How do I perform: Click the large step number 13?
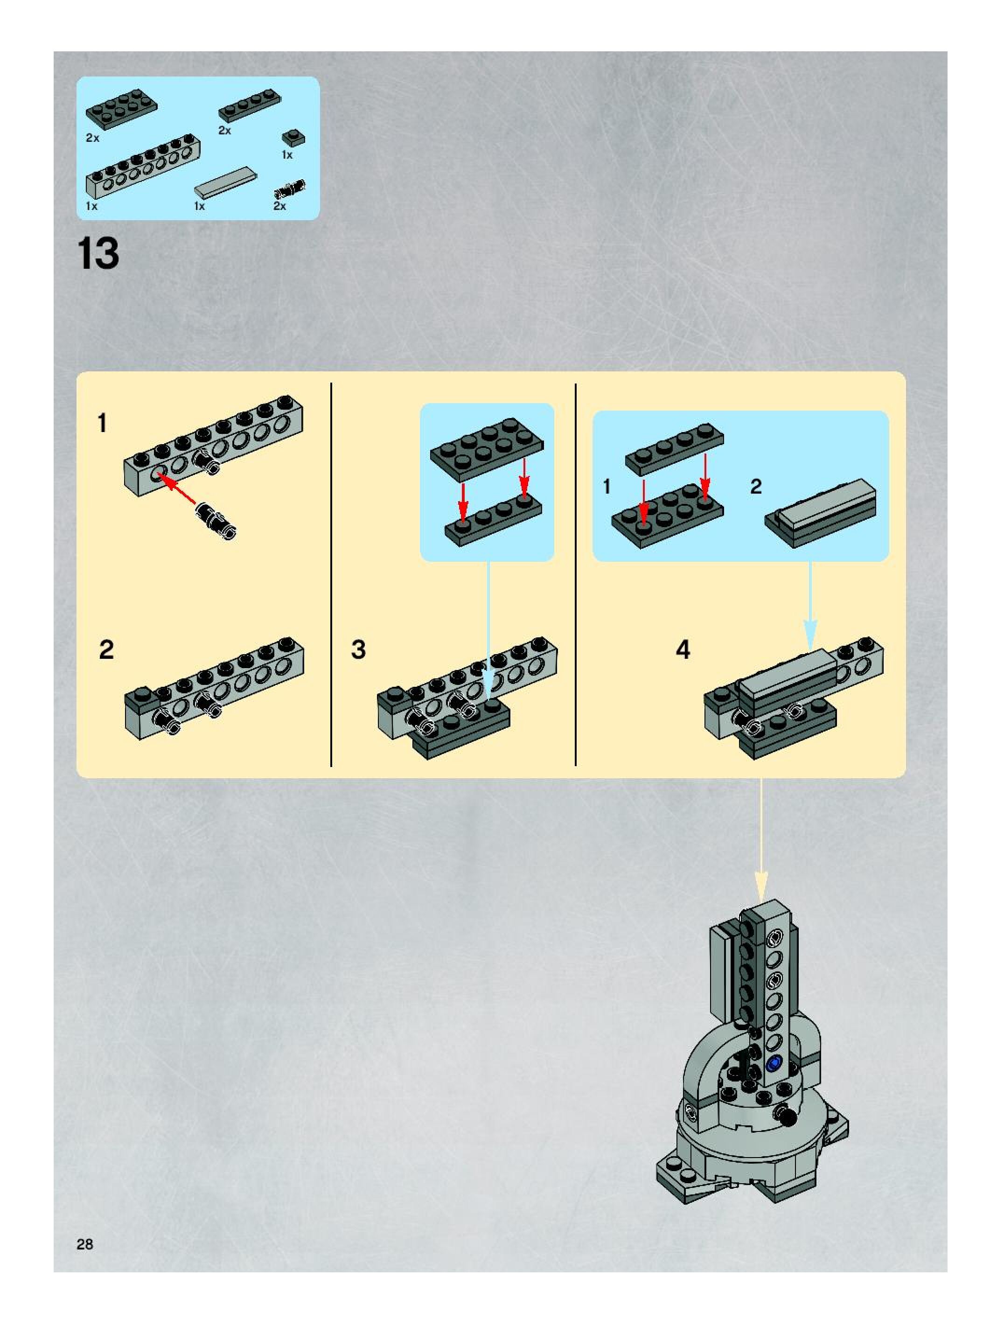(x=98, y=253)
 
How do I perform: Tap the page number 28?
(x=85, y=1244)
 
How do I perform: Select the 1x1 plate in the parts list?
(x=293, y=138)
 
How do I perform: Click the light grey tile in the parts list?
(x=226, y=181)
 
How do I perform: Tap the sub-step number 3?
(x=358, y=649)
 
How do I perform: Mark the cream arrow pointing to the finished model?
(x=761, y=839)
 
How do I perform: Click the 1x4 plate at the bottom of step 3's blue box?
(x=493, y=520)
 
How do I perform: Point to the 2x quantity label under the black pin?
(x=280, y=206)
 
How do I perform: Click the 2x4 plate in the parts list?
(x=122, y=109)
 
